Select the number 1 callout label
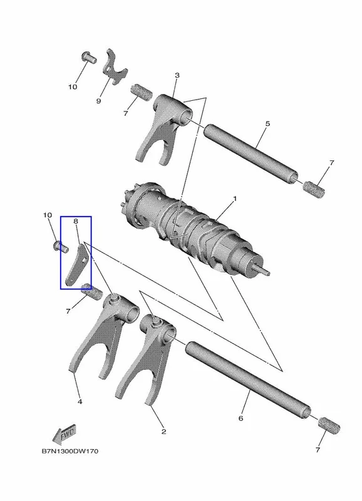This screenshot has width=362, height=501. [235, 199]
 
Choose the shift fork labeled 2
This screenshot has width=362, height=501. [145, 359]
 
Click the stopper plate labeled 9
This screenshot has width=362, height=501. [115, 66]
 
